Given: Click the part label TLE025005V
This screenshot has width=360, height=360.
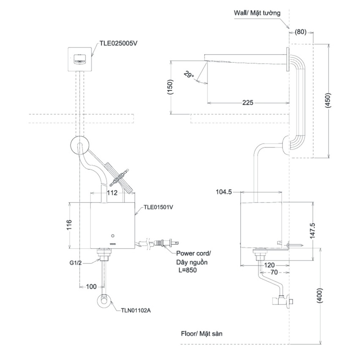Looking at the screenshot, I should click(118, 43).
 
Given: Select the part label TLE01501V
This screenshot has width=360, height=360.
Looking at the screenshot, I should click(159, 207).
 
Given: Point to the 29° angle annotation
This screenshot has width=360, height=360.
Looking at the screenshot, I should click(188, 74).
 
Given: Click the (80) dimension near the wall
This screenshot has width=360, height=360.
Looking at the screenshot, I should click(300, 32).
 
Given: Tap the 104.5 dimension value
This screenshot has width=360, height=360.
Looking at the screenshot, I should click(224, 192).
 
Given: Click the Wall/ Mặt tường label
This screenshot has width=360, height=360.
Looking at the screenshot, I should click(257, 13).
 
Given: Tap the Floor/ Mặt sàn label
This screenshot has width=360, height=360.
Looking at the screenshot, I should click(201, 334).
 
